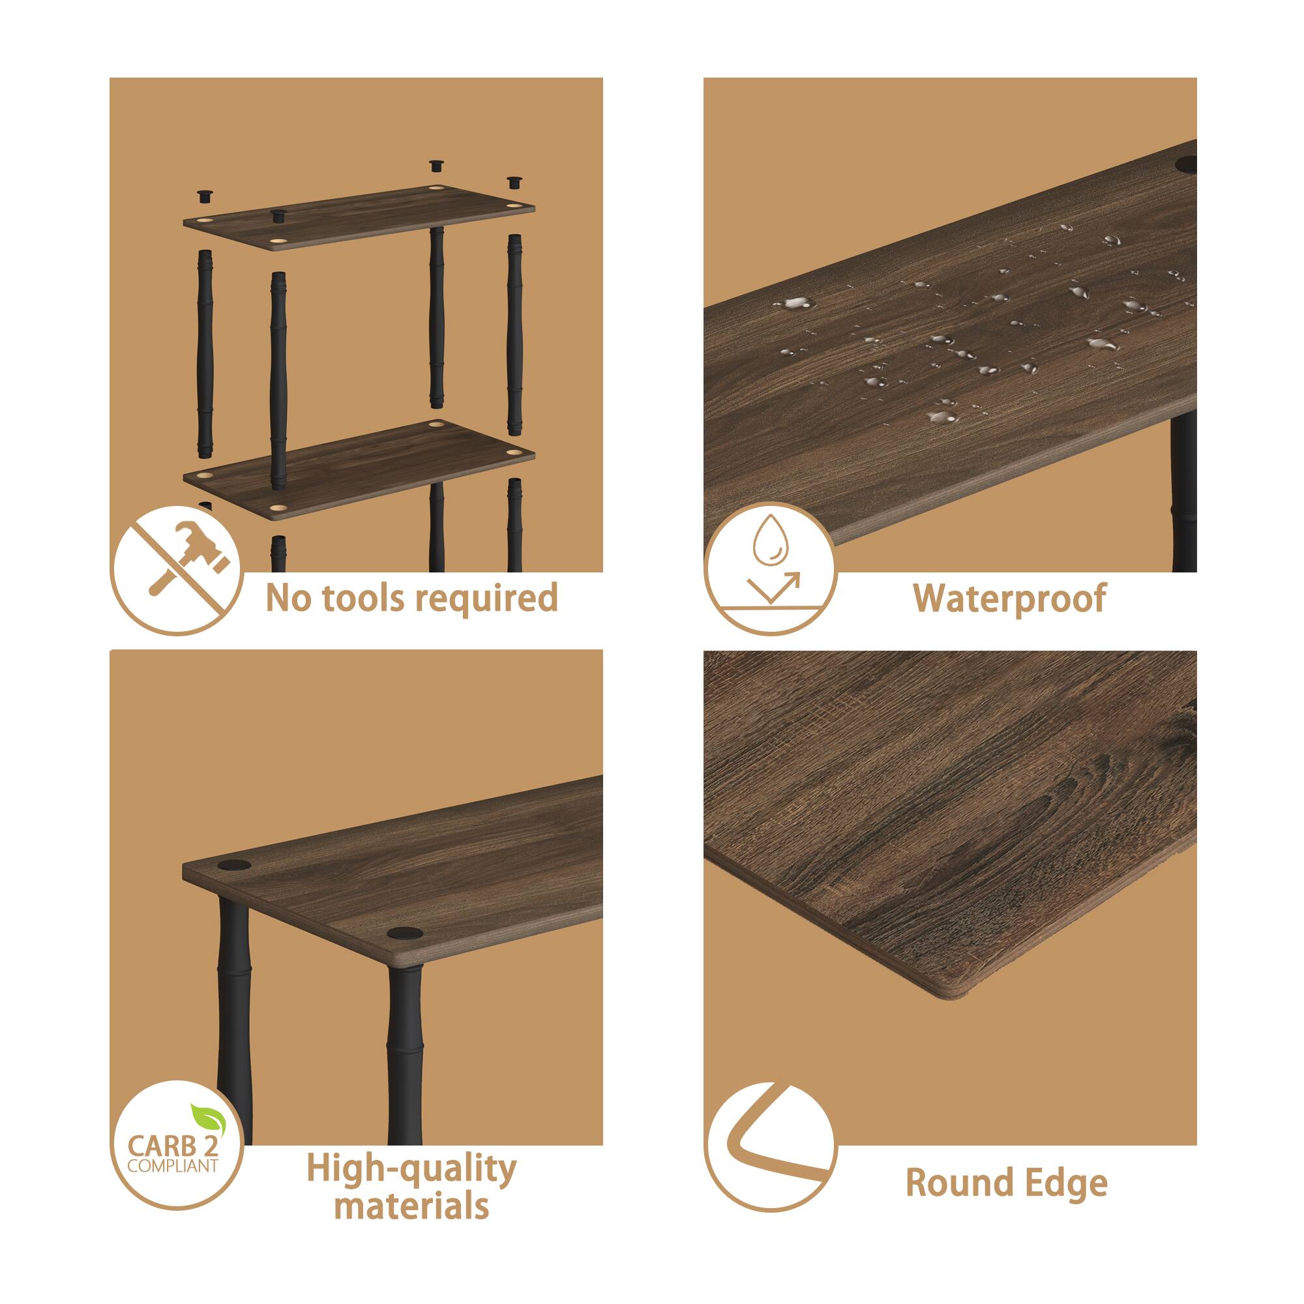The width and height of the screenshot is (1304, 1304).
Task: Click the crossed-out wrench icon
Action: click(x=177, y=570)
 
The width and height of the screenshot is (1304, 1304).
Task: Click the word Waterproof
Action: click(x=1009, y=599)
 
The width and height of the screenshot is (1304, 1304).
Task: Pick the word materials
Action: click(x=411, y=1206)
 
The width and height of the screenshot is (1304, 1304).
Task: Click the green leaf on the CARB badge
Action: click(x=205, y=1117)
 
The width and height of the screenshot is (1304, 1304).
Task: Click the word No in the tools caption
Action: click(x=283, y=599)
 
